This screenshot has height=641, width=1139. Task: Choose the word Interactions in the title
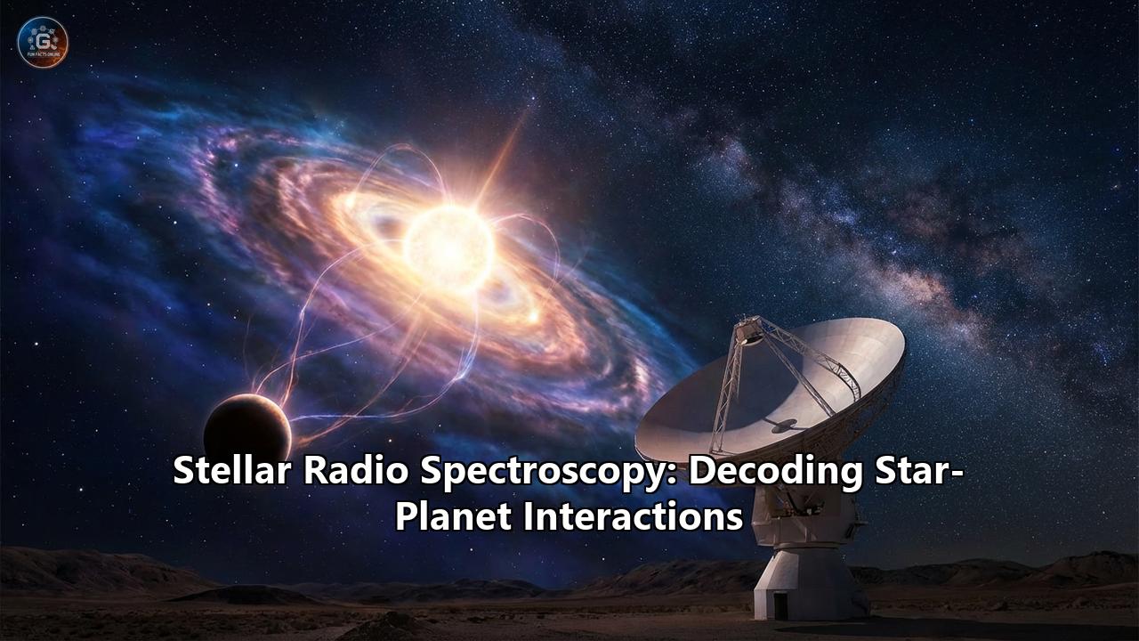click(633, 515)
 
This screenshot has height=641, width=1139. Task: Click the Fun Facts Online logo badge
click(43, 43)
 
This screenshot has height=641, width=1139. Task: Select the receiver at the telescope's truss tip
click(749, 331)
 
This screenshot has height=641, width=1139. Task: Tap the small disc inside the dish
click(784, 426)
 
